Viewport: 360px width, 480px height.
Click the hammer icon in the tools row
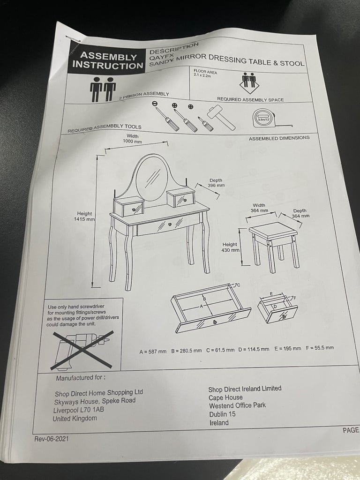221,117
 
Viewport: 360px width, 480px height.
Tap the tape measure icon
270,119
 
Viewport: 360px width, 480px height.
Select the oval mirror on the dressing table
152,177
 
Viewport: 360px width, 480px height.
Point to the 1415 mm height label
84,216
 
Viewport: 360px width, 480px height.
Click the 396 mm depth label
216,183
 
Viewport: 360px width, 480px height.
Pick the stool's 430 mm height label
230,247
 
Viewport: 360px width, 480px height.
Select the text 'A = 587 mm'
153,352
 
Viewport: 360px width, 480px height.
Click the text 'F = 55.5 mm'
320,348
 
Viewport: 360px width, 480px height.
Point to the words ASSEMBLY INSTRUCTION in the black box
108,60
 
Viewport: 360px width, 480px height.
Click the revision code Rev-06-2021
52,439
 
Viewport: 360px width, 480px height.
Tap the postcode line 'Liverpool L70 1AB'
79,410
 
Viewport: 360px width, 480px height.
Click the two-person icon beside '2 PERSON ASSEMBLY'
103,89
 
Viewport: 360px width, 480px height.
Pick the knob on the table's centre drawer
170,225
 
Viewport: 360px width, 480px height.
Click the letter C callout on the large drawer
238,285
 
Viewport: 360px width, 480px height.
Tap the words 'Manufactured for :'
81,378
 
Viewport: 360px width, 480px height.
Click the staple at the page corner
73,39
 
